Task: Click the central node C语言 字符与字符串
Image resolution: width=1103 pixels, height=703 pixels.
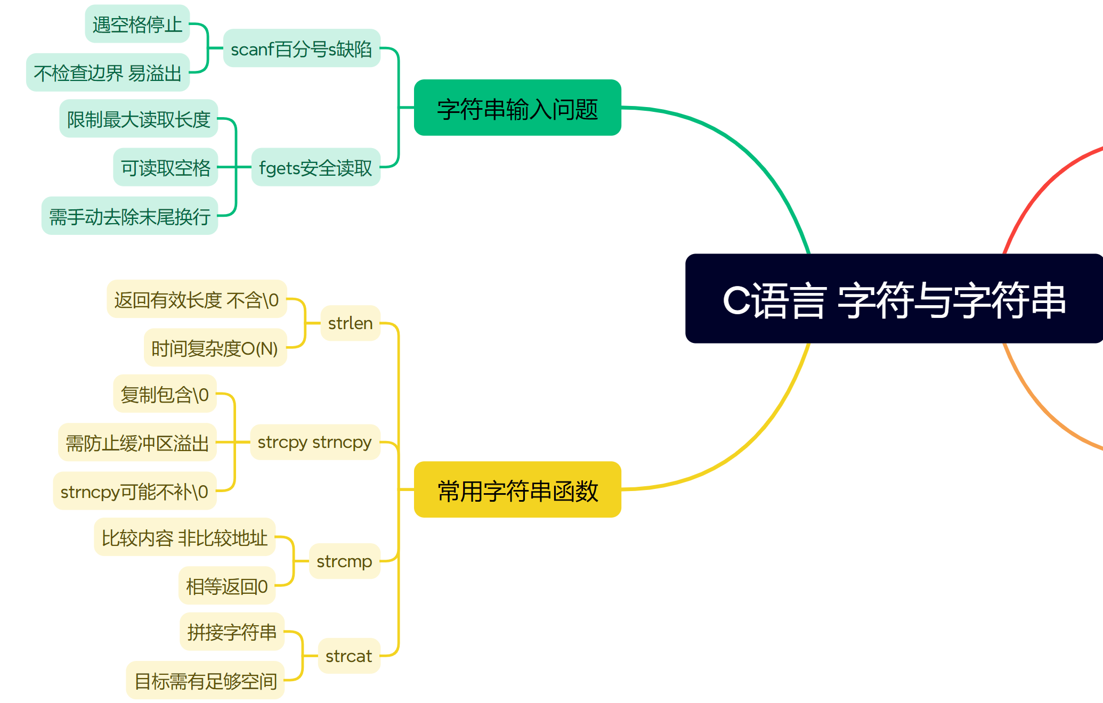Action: point(894,299)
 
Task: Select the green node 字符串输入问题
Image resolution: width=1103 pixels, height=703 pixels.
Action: point(517,108)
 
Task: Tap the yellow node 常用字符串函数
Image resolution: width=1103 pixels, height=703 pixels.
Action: point(517,490)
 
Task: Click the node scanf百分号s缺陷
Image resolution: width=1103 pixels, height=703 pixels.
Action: point(302,48)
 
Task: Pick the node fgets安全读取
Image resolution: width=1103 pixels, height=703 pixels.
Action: point(315,167)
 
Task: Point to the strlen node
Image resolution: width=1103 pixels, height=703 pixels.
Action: point(350,323)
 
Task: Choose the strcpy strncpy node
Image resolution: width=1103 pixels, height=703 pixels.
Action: point(314,442)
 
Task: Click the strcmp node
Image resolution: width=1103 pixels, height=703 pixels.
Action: point(344,561)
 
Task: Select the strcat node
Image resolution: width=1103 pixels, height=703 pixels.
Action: point(348,656)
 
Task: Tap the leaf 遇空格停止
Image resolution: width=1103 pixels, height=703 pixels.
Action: point(137,24)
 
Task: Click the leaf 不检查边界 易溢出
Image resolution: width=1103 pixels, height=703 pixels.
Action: point(108,72)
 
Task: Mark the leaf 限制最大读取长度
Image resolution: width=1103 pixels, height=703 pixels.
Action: point(139,119)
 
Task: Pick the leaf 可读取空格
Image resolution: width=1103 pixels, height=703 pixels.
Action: point(165,167)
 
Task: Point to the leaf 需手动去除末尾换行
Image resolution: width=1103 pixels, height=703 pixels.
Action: point(129,216)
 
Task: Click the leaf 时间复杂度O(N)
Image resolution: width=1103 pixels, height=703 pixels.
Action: point(215,348)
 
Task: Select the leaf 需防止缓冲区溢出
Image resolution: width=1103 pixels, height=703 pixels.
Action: point(137,443)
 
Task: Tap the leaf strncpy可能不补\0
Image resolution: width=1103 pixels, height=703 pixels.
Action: point(134,491)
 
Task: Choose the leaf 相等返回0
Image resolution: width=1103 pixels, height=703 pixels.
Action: point(226,586)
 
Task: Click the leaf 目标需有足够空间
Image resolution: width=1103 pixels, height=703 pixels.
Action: point(205,681)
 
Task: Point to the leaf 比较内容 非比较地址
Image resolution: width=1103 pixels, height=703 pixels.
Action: point(184,537)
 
